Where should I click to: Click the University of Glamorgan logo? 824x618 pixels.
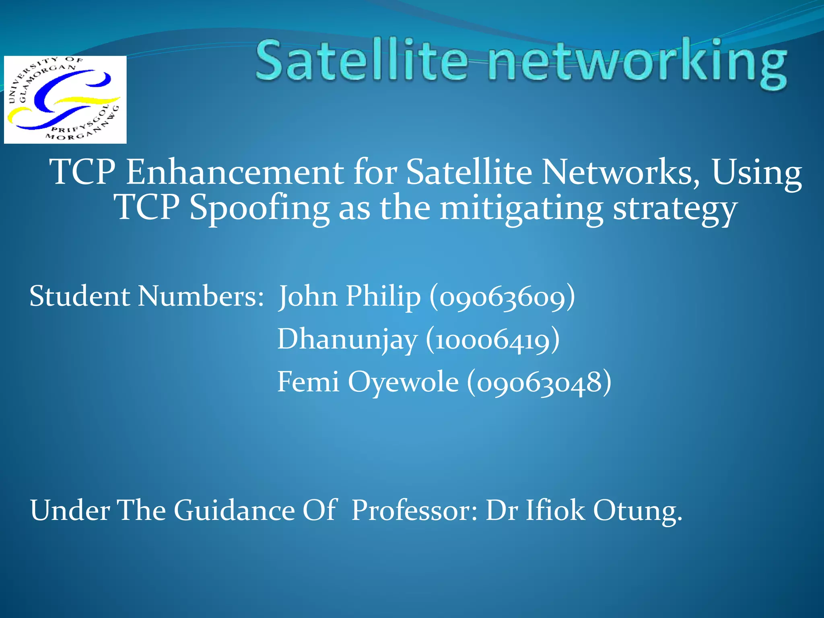point(65,99)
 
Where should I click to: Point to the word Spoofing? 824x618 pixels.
point(259,208)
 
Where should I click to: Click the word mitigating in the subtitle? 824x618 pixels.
point(521,208)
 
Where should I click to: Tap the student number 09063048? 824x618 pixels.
point(539,382)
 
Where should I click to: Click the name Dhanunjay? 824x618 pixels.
point(347,339)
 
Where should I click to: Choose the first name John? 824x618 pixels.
point(308,297)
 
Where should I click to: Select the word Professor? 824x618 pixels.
point(414,510)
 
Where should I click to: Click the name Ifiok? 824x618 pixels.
point(555,510)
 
